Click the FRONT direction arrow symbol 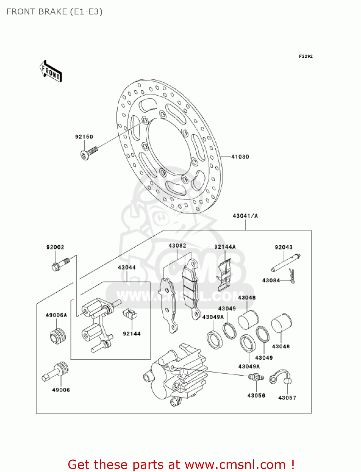(51, 71)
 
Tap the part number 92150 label (84, 137)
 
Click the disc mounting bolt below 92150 (89, 153)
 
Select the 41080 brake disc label (240, 157)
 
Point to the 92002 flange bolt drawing (60, 264)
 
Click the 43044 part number (127, 267)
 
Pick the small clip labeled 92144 (130, 313)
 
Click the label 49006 (61, 390)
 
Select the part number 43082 (177, 246)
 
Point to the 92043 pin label (284, 247)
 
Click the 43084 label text (271, 280)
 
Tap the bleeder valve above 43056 (256, 377)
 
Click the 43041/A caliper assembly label (245, 216)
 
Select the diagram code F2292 (306, 56)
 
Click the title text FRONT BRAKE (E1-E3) (54, 12)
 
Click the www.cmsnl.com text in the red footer (235, 465)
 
